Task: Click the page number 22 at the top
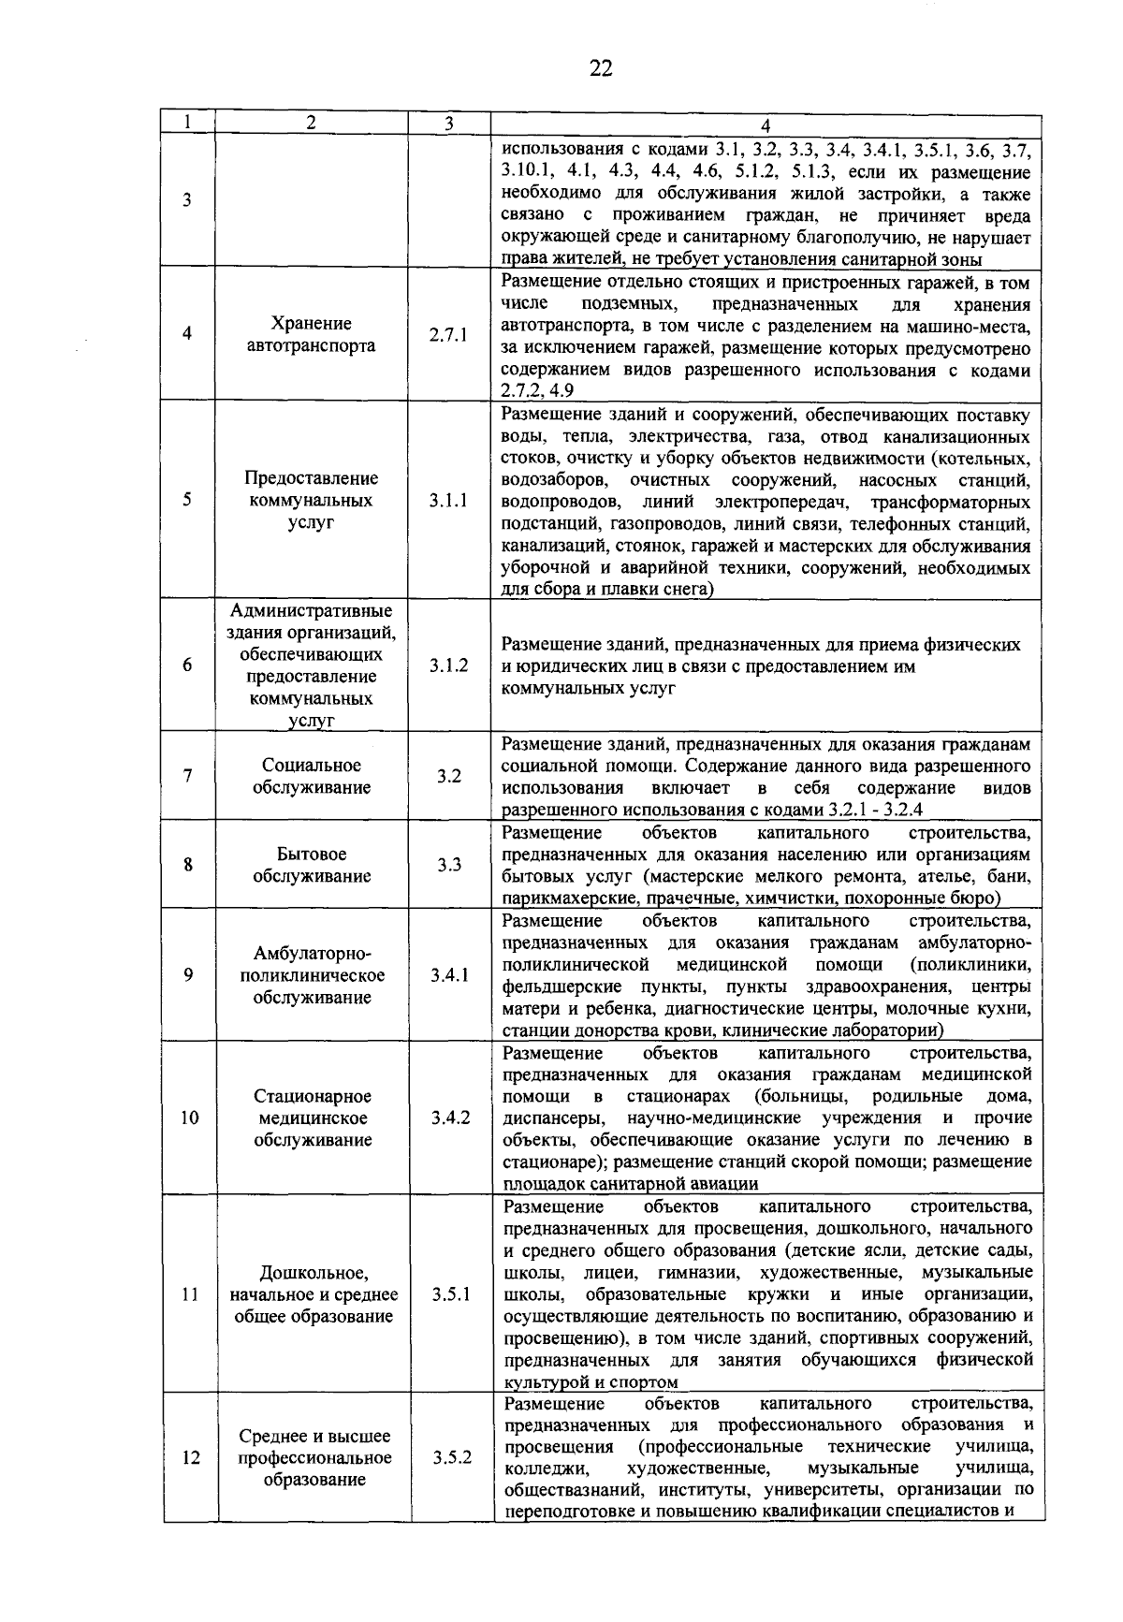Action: click(601, 68)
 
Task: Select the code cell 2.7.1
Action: click(448, 335)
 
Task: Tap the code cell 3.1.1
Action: click(448, 501)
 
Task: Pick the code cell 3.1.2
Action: click(448, 666)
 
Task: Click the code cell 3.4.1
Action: click(449, 975)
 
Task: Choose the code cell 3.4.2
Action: click(450, 1118)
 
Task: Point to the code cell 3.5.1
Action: click(450, 1295)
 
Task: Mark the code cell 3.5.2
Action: click(451, 1458)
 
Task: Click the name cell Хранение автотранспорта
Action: click(311, 335)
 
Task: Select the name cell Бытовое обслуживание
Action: click(311, 866)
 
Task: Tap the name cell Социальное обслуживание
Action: click(311, 777)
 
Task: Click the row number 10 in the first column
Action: click(189, 1118)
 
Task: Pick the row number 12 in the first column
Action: click(190, 1458)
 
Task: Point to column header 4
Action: click(766, 125)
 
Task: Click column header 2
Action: click(311, 124)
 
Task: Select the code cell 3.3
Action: click(449, 866)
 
